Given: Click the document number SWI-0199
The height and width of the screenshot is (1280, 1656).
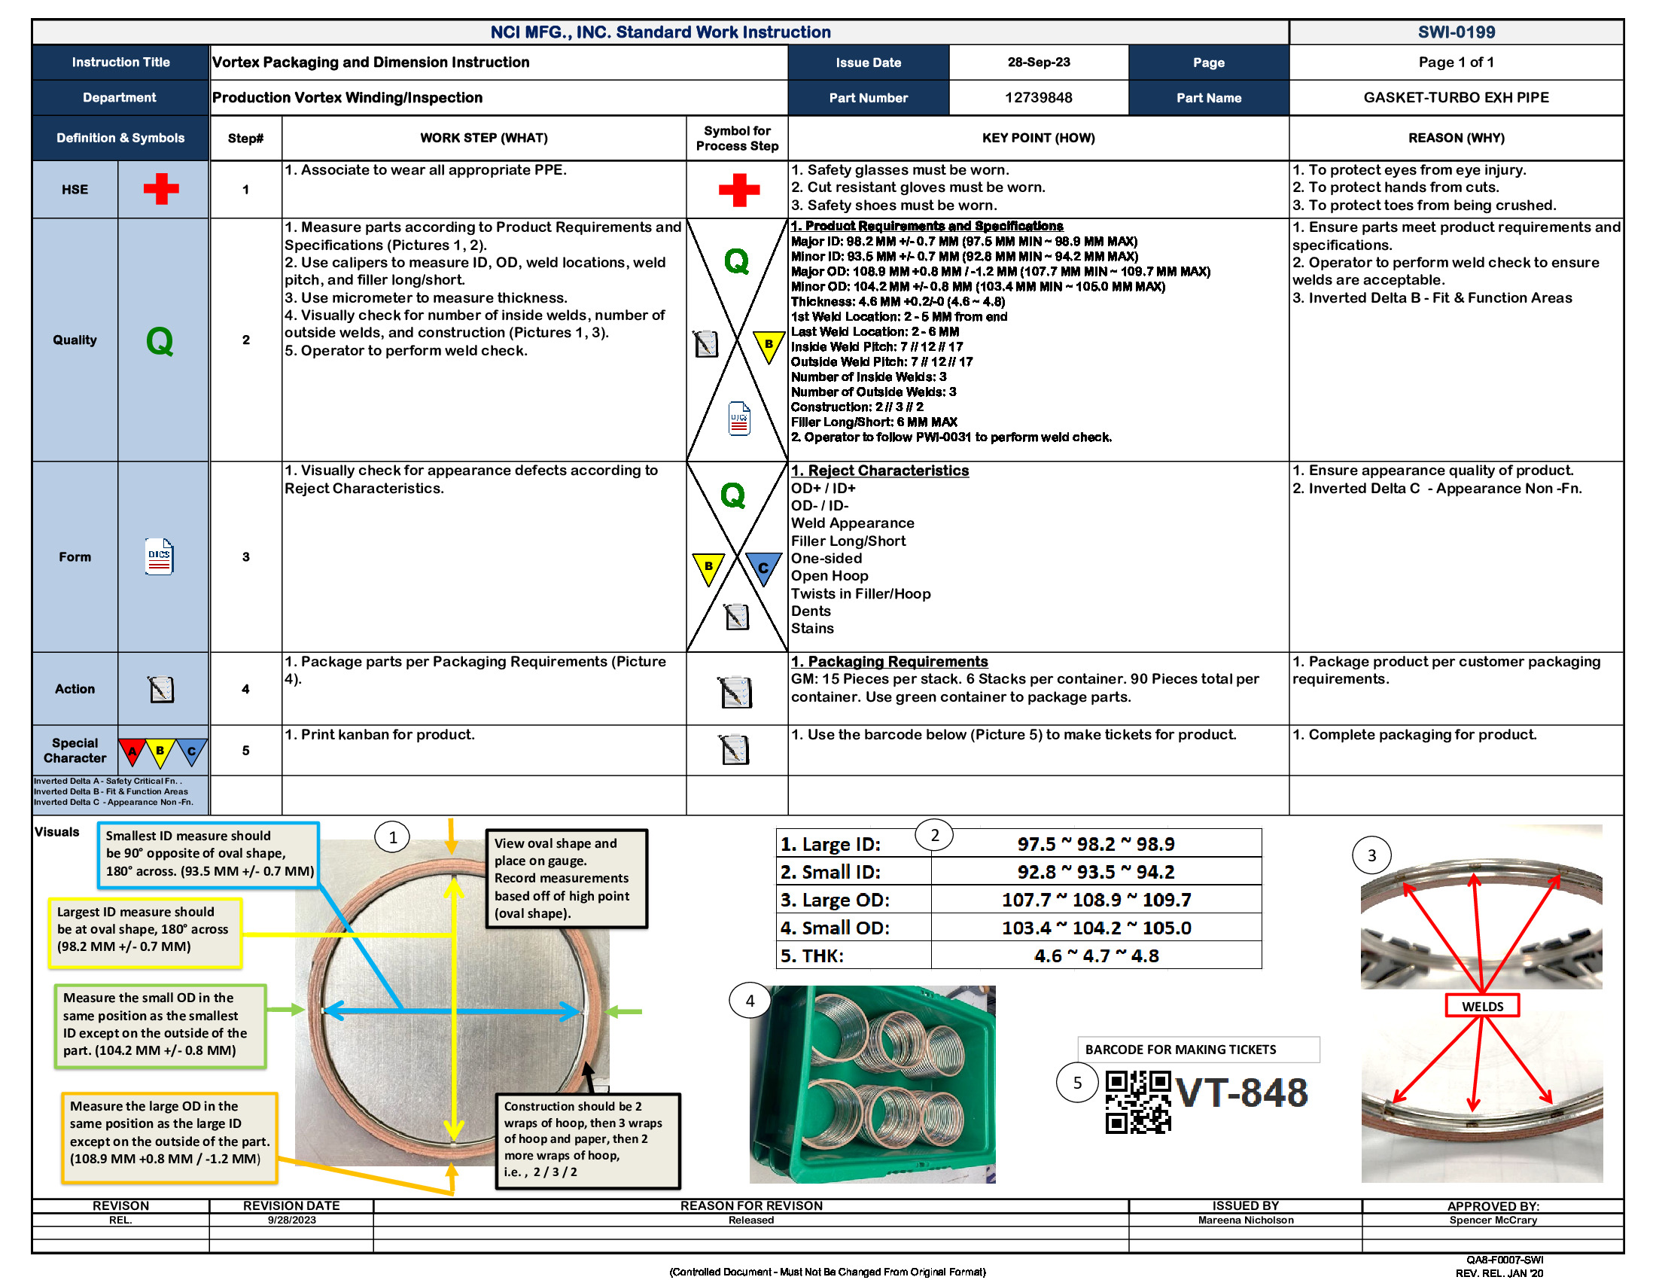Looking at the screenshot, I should tap(1455, 32).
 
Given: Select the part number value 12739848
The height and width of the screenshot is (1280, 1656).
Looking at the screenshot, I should tap(1037, 97).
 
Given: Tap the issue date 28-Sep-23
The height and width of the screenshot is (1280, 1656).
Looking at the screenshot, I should tap(1037, 62).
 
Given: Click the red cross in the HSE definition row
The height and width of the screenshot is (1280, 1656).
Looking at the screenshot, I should tap(161, 189).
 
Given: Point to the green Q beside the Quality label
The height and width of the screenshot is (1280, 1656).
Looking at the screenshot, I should tap(160, 340).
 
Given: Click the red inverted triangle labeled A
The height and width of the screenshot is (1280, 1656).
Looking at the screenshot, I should tap(132, 751).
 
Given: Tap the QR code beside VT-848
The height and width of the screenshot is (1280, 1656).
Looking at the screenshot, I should tap(1137, 1101).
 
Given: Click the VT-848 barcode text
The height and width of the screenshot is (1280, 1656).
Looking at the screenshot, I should tap(1240, 1093).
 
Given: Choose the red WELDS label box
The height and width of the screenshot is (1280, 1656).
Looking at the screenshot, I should tap(1481, 1005).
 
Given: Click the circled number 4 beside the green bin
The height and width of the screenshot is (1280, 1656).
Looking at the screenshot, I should tap(749, 1000).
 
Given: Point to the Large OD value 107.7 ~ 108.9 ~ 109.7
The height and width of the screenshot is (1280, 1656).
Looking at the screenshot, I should tap(1096, 899).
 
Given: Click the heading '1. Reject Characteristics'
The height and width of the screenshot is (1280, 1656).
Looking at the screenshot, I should tap(879, 470).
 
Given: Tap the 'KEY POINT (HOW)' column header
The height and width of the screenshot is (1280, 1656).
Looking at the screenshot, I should tap(1037, 137).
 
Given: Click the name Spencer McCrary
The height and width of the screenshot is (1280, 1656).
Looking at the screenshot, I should tap(1491, 1219).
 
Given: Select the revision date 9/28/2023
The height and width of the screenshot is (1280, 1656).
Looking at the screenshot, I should tap(291, 1219).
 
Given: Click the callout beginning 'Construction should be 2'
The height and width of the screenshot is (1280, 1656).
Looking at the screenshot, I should tap(587, 1139).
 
